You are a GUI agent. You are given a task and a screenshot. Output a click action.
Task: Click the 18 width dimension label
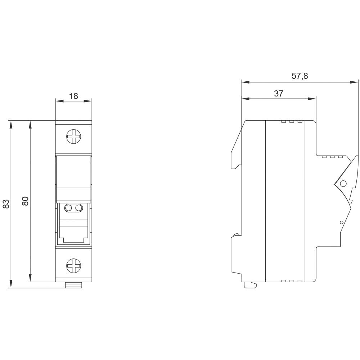74,96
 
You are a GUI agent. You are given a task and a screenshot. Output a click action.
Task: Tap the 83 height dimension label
6,204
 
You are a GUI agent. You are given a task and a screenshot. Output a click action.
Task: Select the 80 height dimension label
25,201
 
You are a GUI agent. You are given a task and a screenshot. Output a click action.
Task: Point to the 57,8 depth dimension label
300,76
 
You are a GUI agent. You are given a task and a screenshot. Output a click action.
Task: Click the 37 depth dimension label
279,94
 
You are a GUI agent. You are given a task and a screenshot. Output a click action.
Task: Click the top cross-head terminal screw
74,137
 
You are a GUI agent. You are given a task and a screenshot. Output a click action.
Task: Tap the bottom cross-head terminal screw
74,266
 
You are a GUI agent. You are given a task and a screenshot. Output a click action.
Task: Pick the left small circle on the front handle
68,208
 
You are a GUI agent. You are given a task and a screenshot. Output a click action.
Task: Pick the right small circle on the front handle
78,208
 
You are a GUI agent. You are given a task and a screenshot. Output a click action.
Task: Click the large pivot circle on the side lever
343,184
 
